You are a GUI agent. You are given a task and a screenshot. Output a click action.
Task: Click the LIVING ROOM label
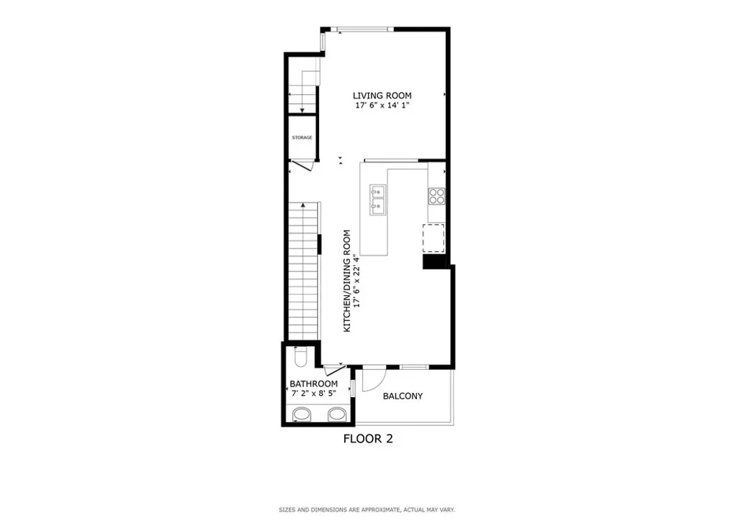pyautogui.click(x=382, y=96)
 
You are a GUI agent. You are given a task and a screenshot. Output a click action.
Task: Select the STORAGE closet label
pyautogui.click(x=302, y=137)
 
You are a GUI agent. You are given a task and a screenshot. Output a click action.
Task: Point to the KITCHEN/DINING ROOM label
pyautogui.click(x=347, y=281)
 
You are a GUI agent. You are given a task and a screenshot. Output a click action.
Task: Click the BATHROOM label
pyautogui.click(x=313, y=384)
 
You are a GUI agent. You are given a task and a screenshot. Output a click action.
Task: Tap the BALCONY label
pyautogui.click(x=402, y=396)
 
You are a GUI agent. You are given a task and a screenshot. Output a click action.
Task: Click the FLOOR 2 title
pyautogui.click(x=368, y=438)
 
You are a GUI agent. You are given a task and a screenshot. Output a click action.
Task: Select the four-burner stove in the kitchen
pyautogui.click(x=436, y=197)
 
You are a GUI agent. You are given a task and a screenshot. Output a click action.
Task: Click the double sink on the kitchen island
pyautogui.click(x=378, y=200)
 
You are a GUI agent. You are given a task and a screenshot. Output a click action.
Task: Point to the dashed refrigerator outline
pyautogui.click(x=433, y=238)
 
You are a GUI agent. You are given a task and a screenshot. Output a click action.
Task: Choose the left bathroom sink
pyautogui.click(x=303, y=414)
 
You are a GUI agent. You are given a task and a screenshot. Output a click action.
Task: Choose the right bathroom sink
pyautogui.click(x=336, y=414)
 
